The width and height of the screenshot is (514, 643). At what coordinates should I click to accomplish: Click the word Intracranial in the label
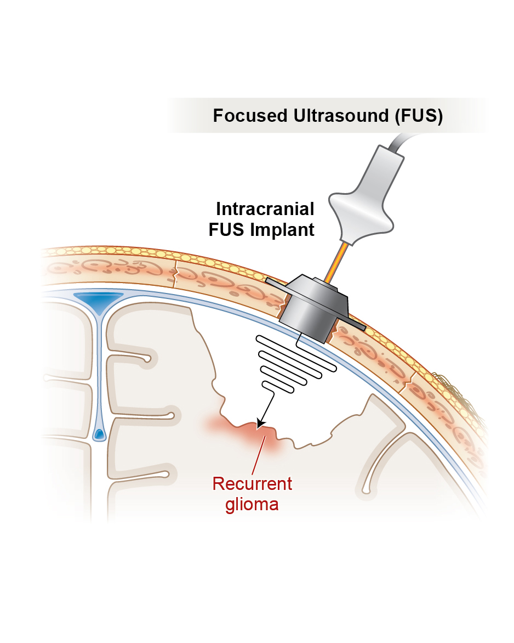point(265,209)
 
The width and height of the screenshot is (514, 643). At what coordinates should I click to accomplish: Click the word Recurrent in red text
point(252,484)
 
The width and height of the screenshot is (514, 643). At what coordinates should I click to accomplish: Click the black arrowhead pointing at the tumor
point(260,422)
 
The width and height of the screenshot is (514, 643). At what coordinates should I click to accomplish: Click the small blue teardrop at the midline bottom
point(99,434)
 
